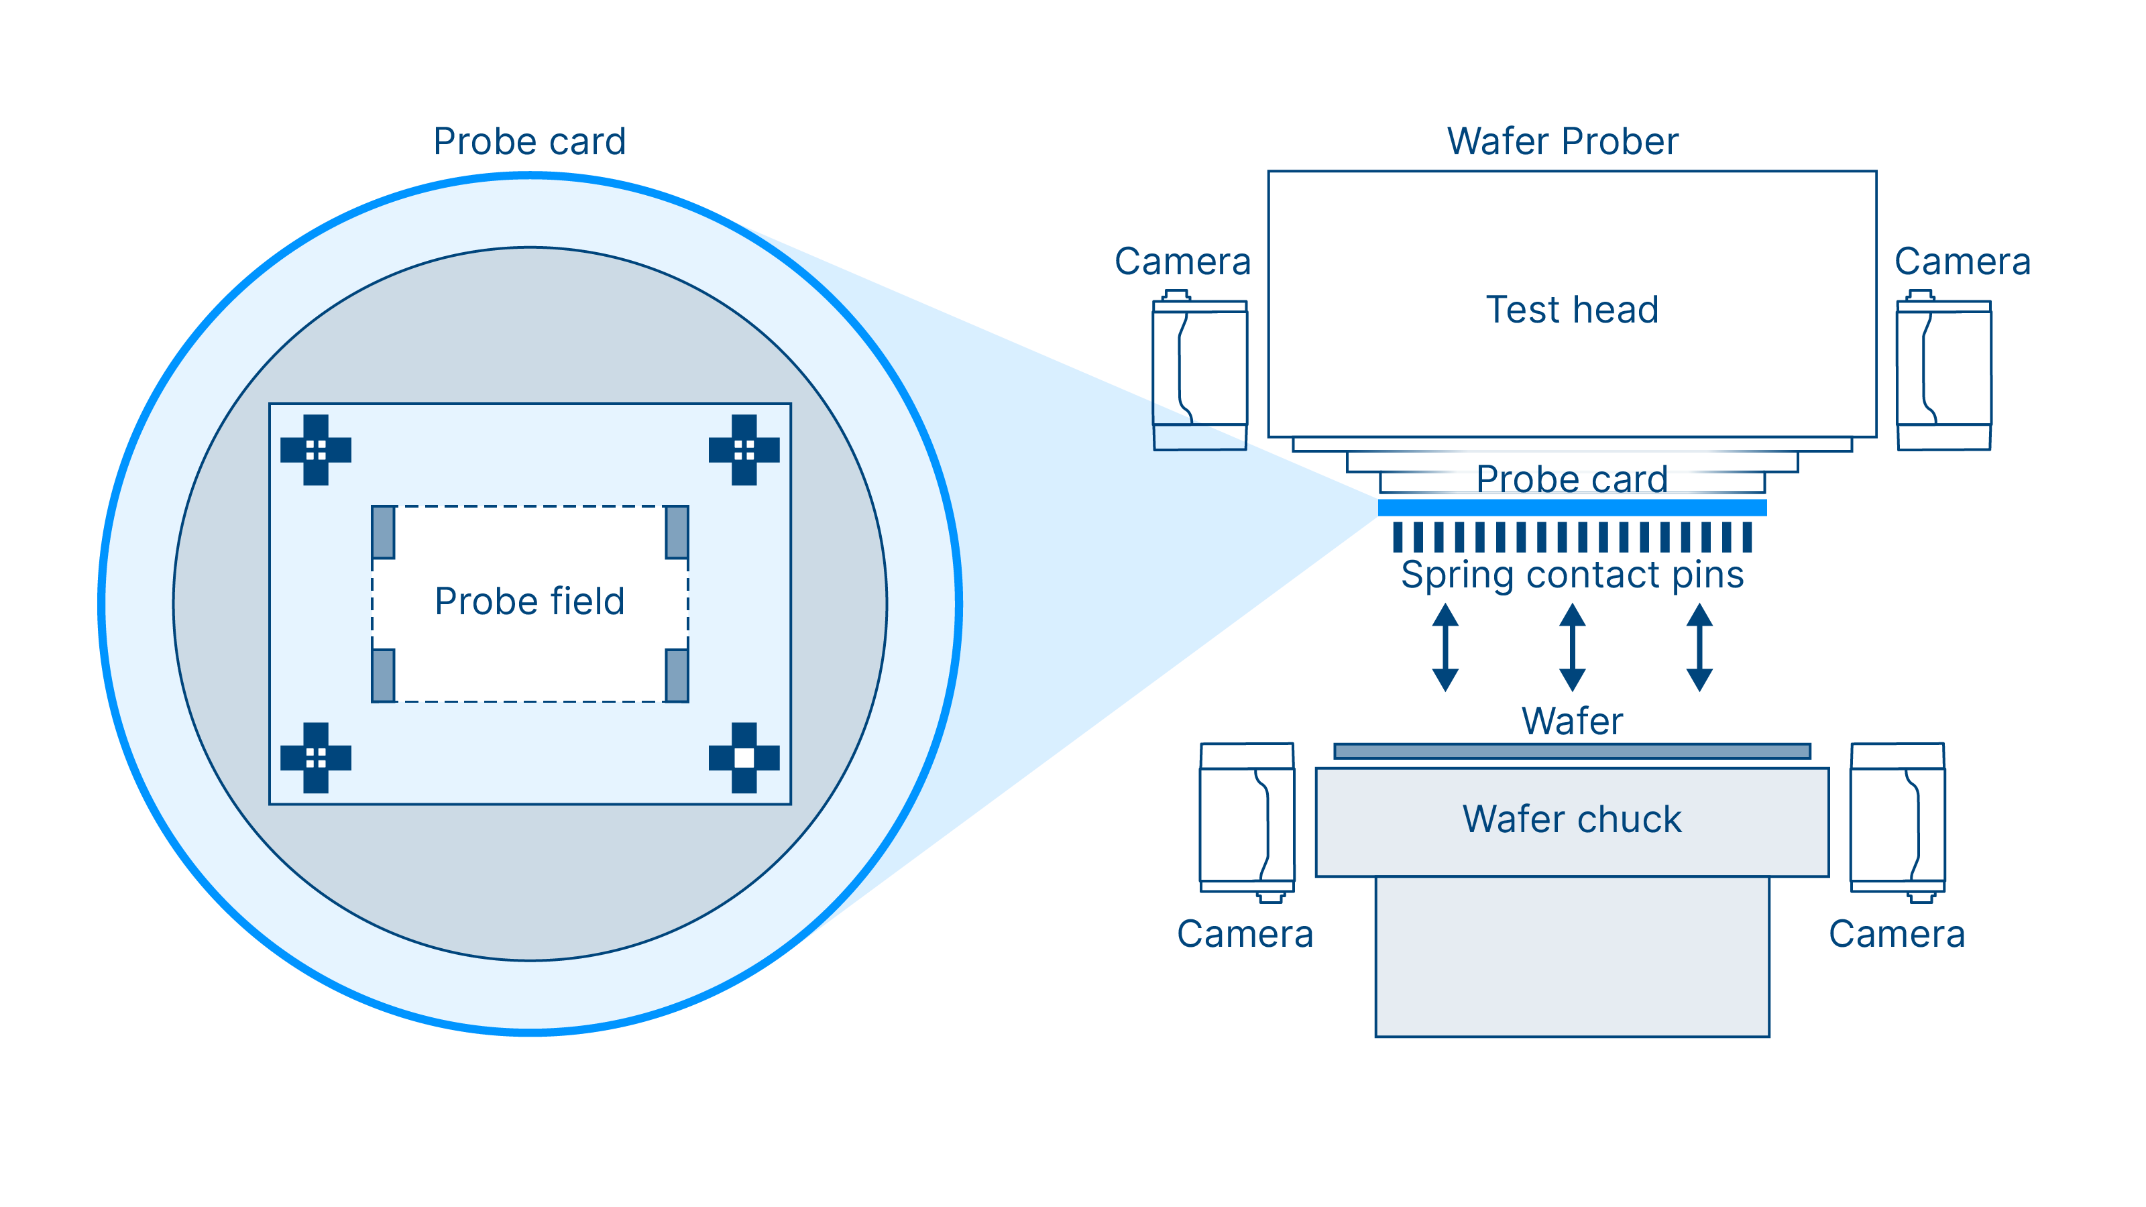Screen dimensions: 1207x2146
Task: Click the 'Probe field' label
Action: point(530,601)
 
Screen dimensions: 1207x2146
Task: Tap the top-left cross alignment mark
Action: point(316,450)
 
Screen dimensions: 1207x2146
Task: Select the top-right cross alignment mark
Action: point(744,450)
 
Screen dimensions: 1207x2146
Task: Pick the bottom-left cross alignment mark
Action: point(316,757)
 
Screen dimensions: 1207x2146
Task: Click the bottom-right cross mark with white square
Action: point(744,757)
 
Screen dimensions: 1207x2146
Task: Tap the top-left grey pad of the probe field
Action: point(383,532)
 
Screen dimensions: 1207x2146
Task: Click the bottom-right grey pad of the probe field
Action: point(677,675)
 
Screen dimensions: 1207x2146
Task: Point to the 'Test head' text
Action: point(1572,310)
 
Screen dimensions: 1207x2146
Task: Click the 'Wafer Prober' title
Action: point(1563,141)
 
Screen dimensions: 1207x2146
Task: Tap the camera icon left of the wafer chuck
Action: point(1247,821)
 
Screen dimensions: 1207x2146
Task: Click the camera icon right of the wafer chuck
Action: point(1898,821)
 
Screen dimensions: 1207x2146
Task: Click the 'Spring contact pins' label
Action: point(1572,575)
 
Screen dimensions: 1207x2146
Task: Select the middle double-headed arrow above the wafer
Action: point(1572,647)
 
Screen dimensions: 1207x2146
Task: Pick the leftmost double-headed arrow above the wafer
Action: point(1445,647)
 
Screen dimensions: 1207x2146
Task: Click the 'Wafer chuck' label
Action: point(1572,819)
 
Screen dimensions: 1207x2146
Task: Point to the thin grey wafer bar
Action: point(1572,751)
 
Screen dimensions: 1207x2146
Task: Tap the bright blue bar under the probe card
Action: point(1572,508)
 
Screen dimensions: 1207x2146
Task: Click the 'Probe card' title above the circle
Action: point(530,141)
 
